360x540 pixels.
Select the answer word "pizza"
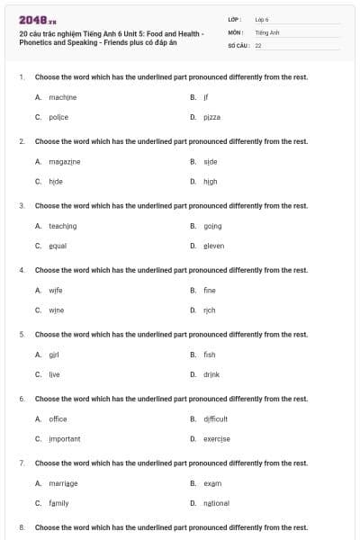pyautogui.click(x=211, y=117)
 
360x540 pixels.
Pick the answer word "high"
pyautogui.click(x=210, y=181)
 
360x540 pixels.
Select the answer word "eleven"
pyautogui.click(x=213, y=246)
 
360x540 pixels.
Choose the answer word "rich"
pyautogui.click(x=210, y=310)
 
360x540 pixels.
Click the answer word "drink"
pyautogui.click(x=211, y=374)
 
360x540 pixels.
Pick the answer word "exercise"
pyautogui.click(x=217, y=439)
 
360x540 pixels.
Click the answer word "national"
pyautogui.click(x=216, y=503)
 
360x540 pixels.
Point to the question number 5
pyautogui.click(x=22, y=334)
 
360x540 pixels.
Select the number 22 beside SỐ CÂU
pyautogui.click(x=258, y=45)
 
